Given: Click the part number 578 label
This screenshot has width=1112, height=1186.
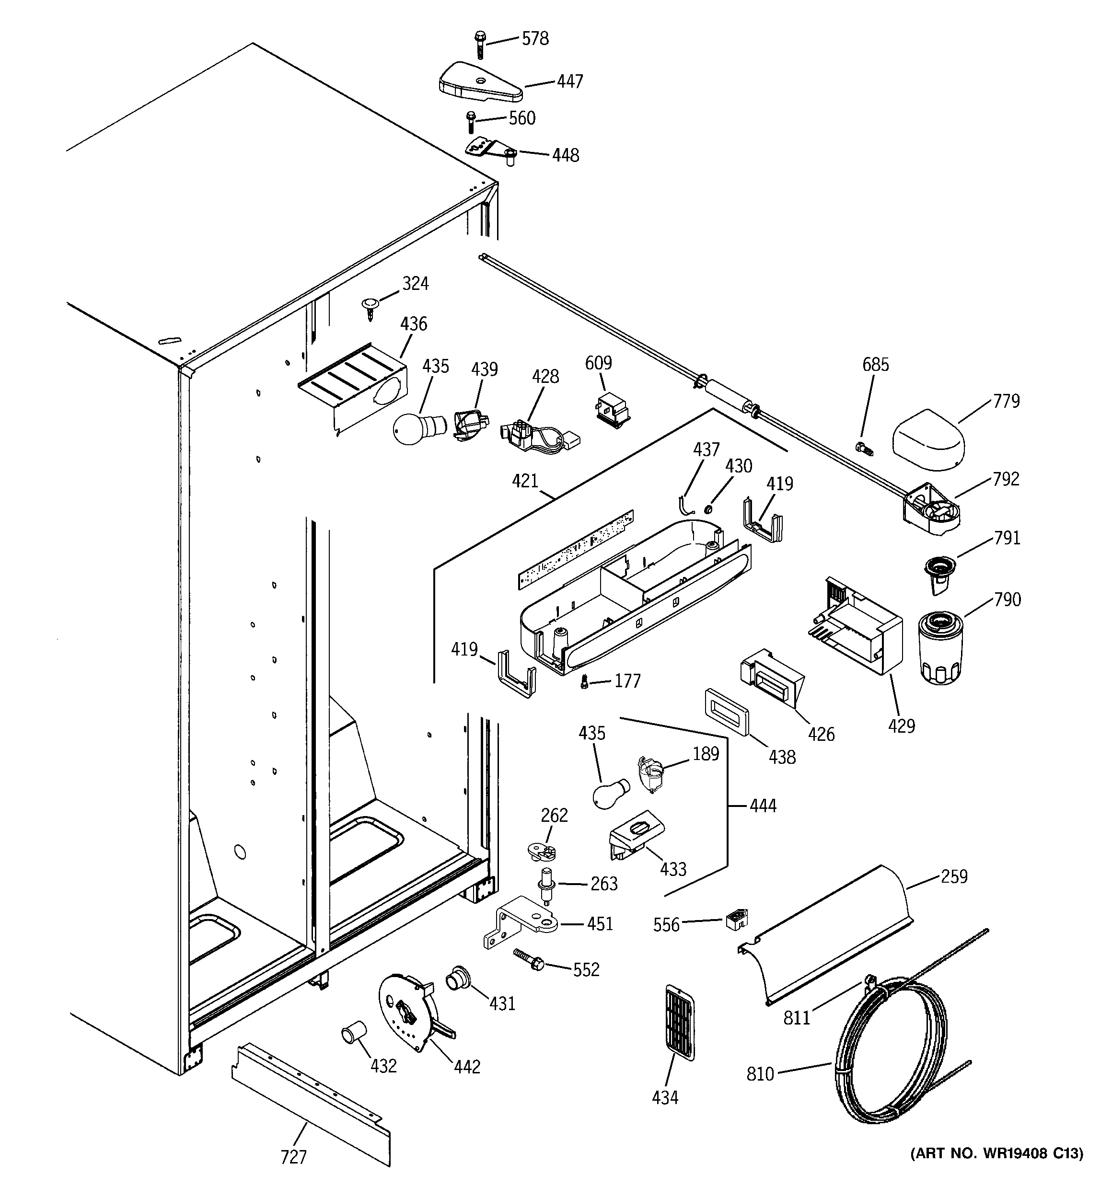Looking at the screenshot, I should tap(535, 39).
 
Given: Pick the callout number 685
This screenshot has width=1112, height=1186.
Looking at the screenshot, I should tap(875, 365).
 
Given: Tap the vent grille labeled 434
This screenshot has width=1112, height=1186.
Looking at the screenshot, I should tap(679, 1023).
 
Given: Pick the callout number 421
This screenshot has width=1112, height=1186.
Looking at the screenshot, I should tap(525, 480).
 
